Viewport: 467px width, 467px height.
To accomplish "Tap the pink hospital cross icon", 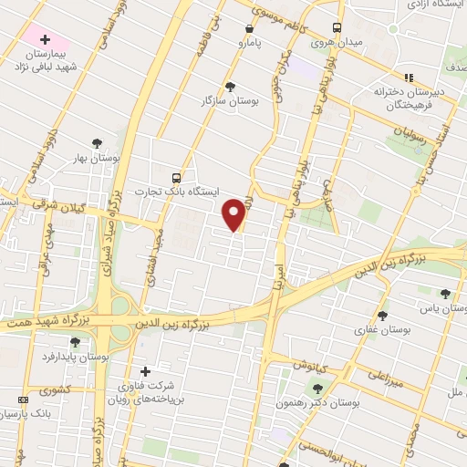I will [x=45, y=39].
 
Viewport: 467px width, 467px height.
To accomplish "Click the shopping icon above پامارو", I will [x=249, y=28].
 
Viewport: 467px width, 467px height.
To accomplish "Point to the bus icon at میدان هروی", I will [x=337, y=27].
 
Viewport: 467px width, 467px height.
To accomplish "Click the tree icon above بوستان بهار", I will [x=96, y=142].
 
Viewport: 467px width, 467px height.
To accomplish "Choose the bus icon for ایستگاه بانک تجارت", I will [x=176, y=178].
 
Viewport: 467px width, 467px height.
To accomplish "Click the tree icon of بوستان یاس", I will [x=444, y=294].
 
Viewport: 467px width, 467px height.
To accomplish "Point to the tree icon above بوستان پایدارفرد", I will [x=75, y=342].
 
